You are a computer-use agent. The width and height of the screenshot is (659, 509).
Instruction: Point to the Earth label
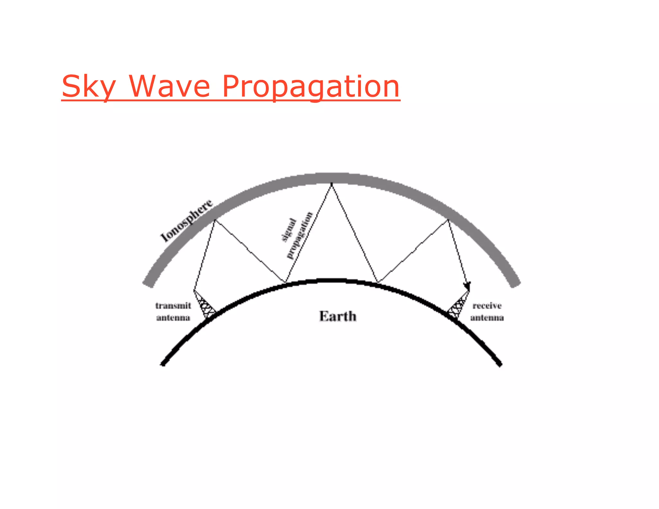point(338,316)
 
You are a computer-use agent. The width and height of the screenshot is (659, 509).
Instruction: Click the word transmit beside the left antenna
point(173,306)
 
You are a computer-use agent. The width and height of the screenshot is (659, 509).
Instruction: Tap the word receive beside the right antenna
point(487,306)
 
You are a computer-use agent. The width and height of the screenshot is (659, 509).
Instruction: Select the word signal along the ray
point(289,230)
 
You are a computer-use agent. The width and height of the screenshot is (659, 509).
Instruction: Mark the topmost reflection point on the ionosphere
point(331,184)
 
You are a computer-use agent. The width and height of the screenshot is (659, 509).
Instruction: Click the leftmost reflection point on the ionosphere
point(215,220)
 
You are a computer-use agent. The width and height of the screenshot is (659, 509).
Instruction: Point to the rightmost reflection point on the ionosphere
point(448,220)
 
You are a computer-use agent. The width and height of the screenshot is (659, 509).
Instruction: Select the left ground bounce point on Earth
point(285,283)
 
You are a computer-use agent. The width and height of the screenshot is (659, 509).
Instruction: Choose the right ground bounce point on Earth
point(378,283)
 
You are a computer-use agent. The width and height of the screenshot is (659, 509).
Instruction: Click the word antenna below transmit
point(173,318)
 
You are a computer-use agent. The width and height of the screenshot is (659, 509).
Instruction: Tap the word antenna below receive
point(487,318)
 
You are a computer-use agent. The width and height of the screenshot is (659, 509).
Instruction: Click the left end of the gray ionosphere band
point(148,283)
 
